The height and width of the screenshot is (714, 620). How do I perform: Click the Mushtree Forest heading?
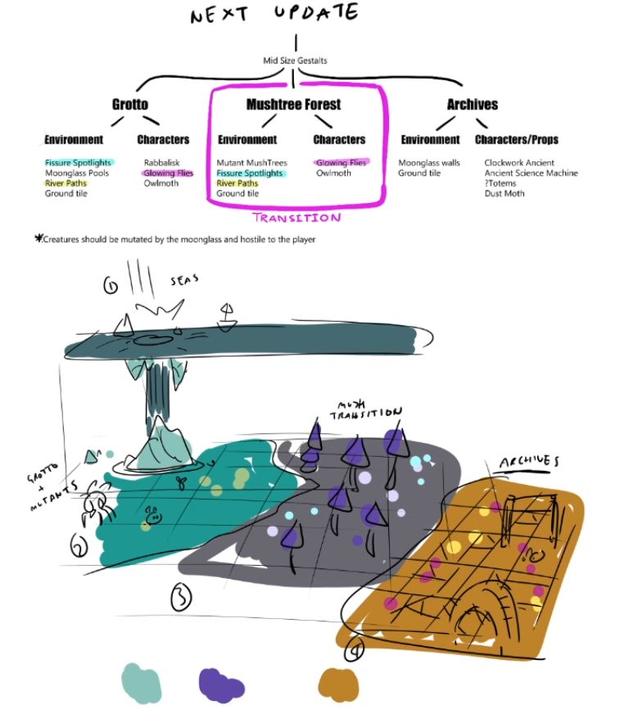pos(293,104)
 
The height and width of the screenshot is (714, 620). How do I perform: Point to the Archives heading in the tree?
pos(472,104)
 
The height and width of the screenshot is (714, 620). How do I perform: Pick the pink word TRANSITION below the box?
pos(296,218)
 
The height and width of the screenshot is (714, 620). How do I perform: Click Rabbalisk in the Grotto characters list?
pos(161,163)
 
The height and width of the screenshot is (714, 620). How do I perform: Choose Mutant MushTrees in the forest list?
pos(251,163)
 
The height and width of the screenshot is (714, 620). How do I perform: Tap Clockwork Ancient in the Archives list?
pos(518,163)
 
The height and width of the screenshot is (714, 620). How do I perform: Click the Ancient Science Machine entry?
pos(530,173)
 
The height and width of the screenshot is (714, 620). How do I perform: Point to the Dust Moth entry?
pos(504,193)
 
